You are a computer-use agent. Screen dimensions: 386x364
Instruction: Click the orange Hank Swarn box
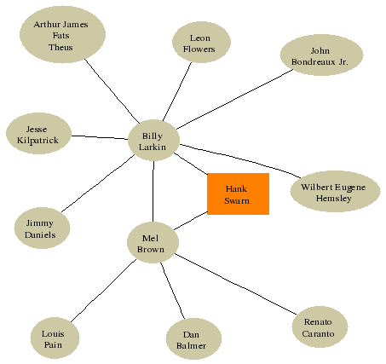pyautogui.click(x=238, y=194)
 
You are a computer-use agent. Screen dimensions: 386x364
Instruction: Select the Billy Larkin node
pyautogui.click(x=153, y=141)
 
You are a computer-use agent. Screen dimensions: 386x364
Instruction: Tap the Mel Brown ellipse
pyautogui.click(x=153, y=242)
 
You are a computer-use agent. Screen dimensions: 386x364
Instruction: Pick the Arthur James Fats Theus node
pyautogui.click(x=62, y=34)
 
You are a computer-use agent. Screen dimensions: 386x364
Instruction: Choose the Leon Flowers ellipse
pyautogui.click(x=201, y=42)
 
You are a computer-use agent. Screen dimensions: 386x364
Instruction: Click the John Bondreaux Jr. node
pyautogui.click(x=321, y=55)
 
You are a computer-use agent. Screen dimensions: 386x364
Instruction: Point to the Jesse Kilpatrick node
pyautogui.click(x=38, y=133)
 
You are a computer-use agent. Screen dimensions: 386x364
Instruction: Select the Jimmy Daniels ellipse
pyautogui.click(x=42, y=228)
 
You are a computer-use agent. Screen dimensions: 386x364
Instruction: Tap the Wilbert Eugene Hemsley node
pyautogui.click(x=335, y=191)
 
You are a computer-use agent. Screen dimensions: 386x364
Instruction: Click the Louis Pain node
pyautogui.click(x=55, y=338)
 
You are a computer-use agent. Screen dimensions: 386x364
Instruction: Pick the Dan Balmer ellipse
pyautogui.click(x=193, y=338)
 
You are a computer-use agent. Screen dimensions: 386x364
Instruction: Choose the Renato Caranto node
pyautogui.click(x=320, y=326)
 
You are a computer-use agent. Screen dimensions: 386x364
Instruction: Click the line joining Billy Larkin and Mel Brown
pyautogui.click(x=153, y=192)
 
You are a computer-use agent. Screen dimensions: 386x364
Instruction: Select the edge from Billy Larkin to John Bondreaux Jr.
pyautogui.click(x=234, y=99)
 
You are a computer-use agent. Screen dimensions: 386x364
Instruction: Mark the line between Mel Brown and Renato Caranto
pyautogui.click(x=235, y=284)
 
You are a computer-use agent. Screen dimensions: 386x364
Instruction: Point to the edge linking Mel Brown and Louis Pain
pyautogui.click(x=103, y=291)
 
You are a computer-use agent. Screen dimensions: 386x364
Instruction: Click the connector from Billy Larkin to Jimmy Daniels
pyautogui.click(x=98, y=183)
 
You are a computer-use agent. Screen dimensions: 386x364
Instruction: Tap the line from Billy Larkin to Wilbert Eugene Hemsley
pyautogui.click(x=240, y=159)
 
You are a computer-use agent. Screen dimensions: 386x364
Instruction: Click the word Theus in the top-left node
pyautogui.click(x=60, y=47)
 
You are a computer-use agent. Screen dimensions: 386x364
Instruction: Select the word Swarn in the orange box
pyautogui.click(x=237, y=200)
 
